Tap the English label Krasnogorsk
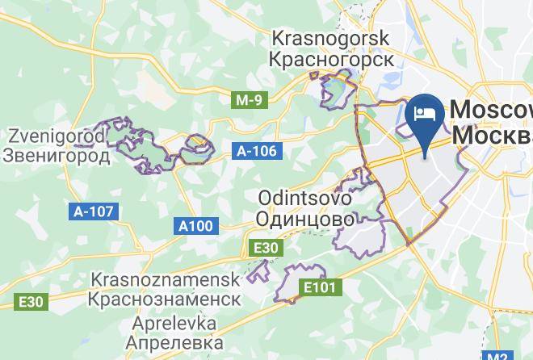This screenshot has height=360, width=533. pyautogui.click(x=331, y=38)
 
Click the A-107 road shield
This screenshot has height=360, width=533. pyautogui.click(x=94, y=211)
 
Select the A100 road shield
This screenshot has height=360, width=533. pyautogui.click(x=195, y=226)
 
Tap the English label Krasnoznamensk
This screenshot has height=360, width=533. pyautogui.click(x=166, y=279)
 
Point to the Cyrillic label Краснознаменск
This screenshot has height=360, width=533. pyautogui.click(x=166, y=299)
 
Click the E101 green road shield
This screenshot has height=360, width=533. pyautogui.click(x=320, y=287)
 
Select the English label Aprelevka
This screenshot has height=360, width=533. pyautogui.click(x=171, y=323)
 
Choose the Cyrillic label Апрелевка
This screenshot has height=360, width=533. pyautogui.click(x=171, y=342)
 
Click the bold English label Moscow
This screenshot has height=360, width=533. pyautogui.click(x=492, y=110)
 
